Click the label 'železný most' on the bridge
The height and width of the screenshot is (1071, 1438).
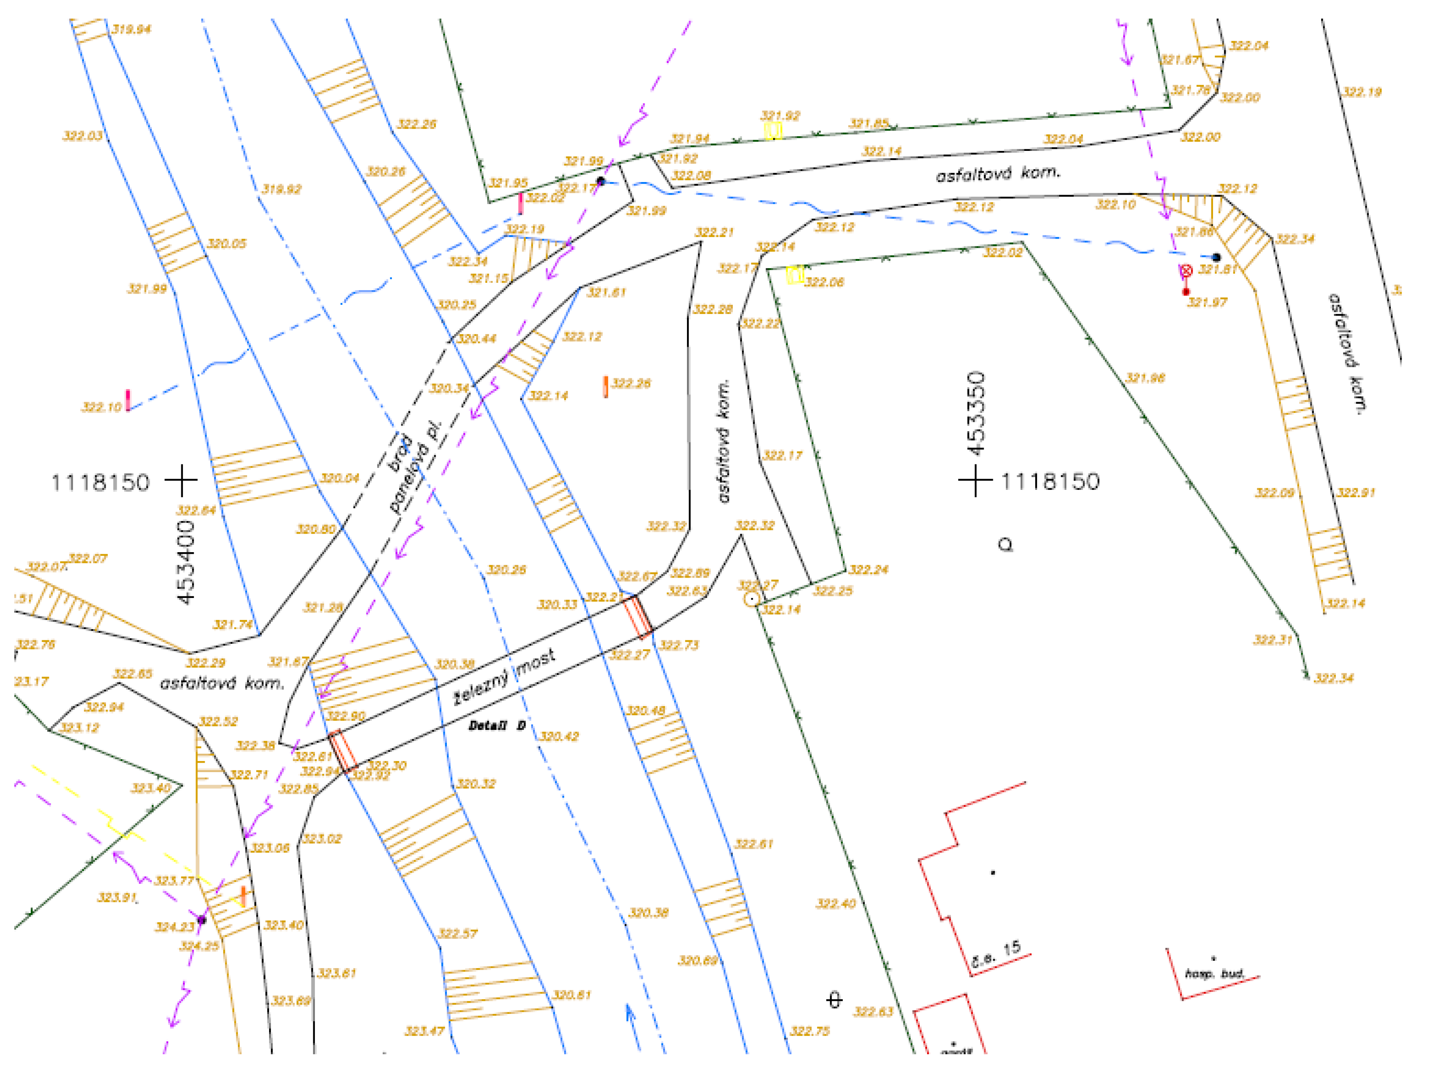point(504,678)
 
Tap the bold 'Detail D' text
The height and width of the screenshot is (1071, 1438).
point(497,726)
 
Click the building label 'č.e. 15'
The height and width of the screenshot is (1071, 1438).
point(995,956)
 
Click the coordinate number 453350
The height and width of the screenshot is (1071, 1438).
point(976,414)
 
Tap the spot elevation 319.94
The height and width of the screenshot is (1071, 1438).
point(131,29)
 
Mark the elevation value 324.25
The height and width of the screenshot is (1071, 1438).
point(199,946)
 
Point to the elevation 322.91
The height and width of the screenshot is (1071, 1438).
point(1355,493)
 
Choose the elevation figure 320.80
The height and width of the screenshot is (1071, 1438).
point(315,529)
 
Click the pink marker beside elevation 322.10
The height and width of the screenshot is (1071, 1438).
point(128,400)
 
